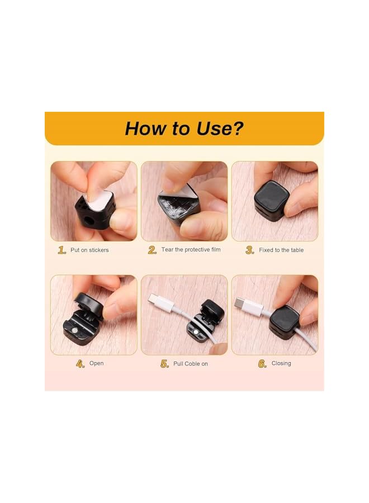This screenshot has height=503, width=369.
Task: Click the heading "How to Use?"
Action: pyautogui.click(x=184, y=128)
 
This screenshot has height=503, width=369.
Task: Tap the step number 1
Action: pyautogui.click(x=62, y=250)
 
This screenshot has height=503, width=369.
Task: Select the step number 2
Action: pyautogui.click(x=152, y=250)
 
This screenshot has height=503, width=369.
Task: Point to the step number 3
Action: pyautogui.click(x=250, y=250)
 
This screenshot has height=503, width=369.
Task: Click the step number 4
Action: pyautogui.click(x=81, y=363)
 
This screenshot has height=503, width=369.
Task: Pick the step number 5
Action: pyautogui.click(x=164, y=364)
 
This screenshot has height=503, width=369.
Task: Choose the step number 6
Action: pyautogui.click(x=262, y=364)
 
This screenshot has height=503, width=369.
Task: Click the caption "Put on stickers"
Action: pyautogui.click(x=89, y=250)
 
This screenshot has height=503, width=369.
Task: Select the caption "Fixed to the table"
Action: pyautogui.click(x=281, y=250)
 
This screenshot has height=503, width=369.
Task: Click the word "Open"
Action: pyautogui.click(x=96, y=363)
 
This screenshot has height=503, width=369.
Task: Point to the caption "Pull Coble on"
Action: pyautogui.click(x=190, y=364)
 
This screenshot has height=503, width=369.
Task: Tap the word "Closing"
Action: pyautogui.click(x=281, y=363)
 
